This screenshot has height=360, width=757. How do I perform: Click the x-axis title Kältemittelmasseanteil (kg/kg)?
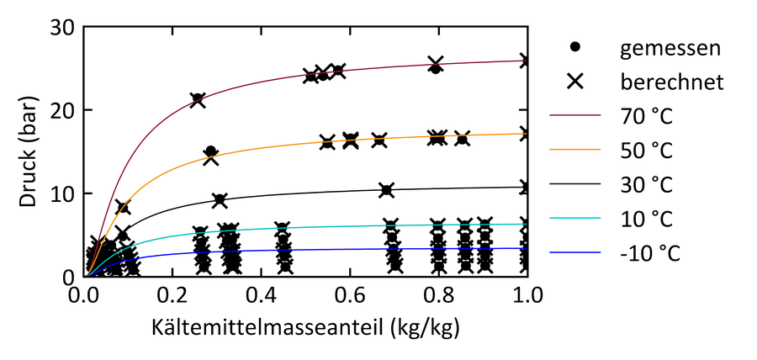coord(307,325)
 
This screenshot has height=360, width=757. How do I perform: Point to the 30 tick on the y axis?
coord(65,28)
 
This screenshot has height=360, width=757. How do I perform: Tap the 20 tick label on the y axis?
coord(65,110)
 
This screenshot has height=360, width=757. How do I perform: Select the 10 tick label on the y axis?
coord(65,193)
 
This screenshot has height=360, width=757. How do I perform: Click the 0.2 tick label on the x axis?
coord(174,296)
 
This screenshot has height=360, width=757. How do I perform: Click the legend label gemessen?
coord(670,48)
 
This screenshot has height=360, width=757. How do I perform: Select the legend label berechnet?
coord(673,82)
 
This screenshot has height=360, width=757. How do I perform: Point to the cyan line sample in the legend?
coord(576,219)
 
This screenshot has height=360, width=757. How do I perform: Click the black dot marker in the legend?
coord(576,48)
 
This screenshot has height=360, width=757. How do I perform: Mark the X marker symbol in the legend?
coord(576,82)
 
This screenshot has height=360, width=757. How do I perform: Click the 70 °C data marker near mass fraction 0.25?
coord(198,100)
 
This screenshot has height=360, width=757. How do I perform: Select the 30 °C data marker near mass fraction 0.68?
coord(386,190)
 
